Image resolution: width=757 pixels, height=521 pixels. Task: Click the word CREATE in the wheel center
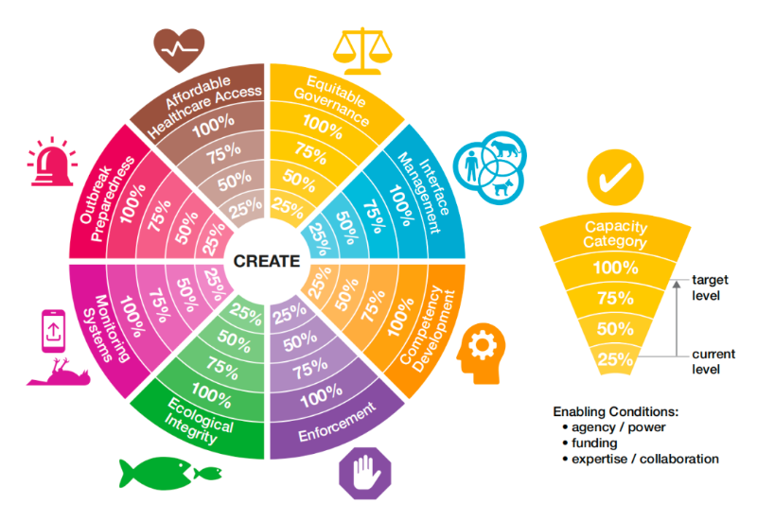[267, 261]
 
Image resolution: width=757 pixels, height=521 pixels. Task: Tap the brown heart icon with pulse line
[179, 49]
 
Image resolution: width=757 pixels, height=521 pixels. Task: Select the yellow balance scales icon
[362, 51]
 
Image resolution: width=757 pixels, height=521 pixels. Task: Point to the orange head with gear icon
[481, 354]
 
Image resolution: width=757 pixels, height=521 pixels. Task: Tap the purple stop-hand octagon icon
[365, 472]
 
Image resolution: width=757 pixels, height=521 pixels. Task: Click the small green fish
[207, 473]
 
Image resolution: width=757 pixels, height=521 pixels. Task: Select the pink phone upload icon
[53, 331]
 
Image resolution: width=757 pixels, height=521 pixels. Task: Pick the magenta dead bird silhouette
[59, 373]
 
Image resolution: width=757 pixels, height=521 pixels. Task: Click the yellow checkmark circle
[615, 177]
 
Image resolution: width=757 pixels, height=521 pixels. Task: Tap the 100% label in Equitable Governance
[323, 126]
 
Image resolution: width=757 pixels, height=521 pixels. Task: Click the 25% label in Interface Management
[319, 238]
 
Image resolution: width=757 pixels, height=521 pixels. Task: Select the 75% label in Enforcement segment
[309, 369]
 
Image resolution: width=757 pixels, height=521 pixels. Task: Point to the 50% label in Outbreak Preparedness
[185, 228]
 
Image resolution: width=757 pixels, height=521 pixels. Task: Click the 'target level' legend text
[710, 287]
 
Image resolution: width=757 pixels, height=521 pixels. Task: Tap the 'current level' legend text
[713, 361]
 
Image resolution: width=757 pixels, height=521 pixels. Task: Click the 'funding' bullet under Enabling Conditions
[594, 443]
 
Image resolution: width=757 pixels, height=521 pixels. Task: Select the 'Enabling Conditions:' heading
[616, 411]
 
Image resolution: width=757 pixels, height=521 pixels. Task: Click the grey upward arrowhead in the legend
[677, 284]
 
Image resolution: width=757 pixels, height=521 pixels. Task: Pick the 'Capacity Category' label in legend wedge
[615, 234]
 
